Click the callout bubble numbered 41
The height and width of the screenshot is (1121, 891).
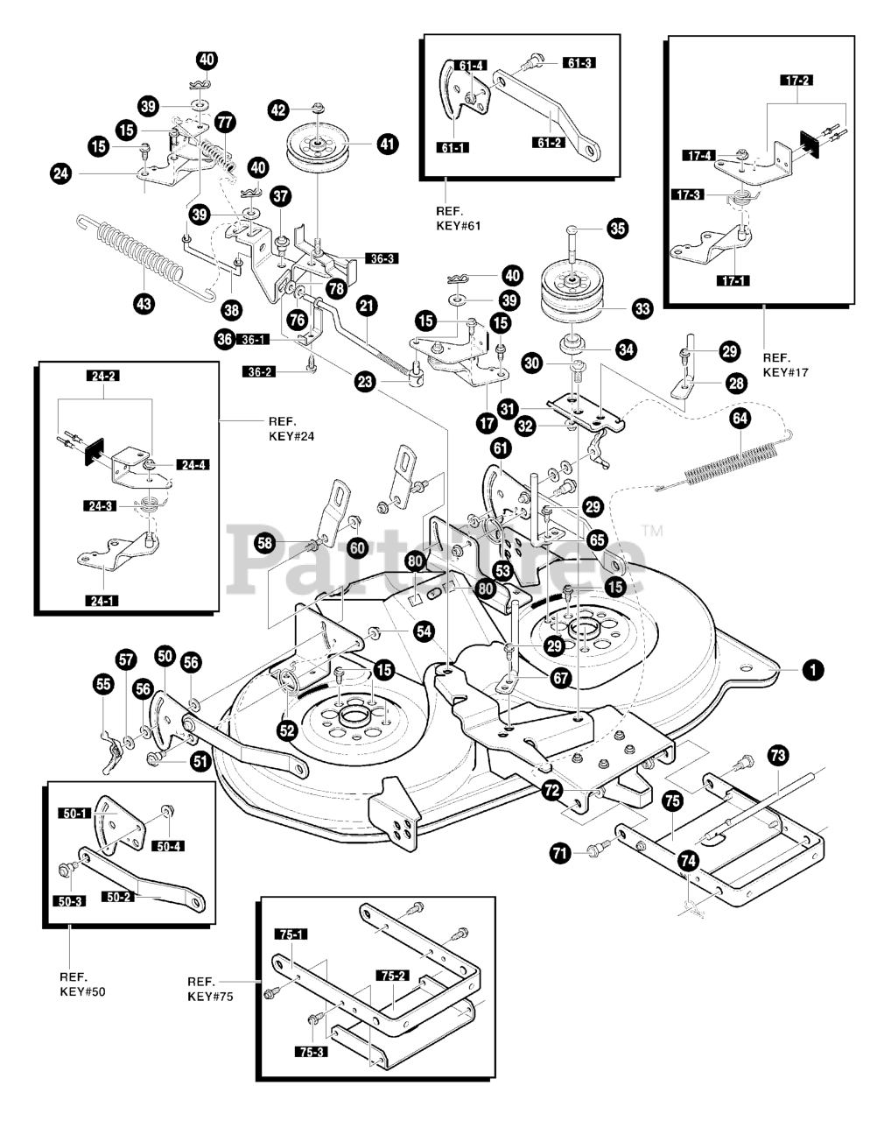pos(387,144)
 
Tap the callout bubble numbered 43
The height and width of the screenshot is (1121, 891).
pos(144,303)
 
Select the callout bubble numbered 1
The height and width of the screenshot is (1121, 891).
pos(813,669)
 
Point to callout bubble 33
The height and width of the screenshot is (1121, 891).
pos(642,309)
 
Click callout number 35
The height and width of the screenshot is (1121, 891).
pos(617,229)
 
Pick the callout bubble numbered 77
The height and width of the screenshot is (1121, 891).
pos(225,122)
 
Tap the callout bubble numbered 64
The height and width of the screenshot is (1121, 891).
pos(740,418)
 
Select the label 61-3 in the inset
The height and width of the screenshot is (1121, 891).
pos(579,63)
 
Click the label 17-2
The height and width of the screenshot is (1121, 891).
pos(796,81)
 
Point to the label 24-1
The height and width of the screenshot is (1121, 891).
pos(102,601)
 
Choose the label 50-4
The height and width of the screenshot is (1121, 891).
pos(168,846)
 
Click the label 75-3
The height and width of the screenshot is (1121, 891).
pos(312,1052)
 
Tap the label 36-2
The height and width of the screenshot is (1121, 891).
pos(259,372)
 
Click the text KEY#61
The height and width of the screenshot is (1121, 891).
pos(459,226)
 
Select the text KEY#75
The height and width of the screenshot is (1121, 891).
pos(210,997)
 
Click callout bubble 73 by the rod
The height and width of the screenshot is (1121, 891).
pos(778,755)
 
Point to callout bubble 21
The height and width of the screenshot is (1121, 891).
pos(367,306)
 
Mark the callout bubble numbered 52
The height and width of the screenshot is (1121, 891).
pos(287,730)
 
